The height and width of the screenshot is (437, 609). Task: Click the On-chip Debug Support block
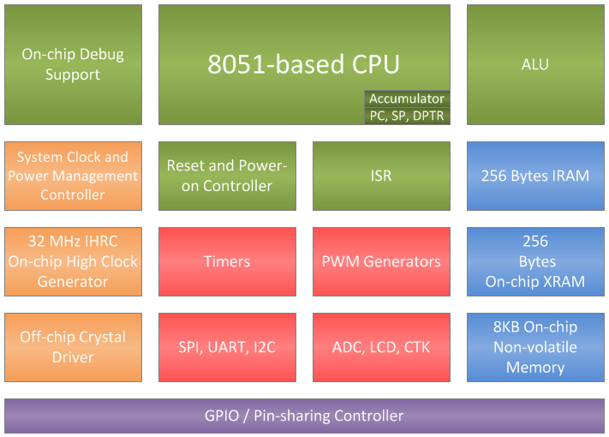tap(73, 64)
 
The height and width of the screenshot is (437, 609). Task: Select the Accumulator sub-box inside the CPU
tap(407, 99)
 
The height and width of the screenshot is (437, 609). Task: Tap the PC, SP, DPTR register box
tap(407, 116)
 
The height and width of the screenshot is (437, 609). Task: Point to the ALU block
tap(535, 64)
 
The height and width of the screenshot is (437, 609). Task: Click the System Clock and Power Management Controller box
tap(73, 176)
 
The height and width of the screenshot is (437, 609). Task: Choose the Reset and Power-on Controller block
tap(227, 176)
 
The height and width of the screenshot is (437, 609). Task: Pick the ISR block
tap(381, 176)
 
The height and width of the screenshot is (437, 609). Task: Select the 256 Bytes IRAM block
tap(535, 176)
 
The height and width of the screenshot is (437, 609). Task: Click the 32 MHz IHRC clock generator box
tap(73, 262)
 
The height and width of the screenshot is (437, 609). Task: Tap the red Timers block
tap(227, 262)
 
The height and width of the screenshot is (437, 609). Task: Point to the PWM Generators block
tap(381, 262)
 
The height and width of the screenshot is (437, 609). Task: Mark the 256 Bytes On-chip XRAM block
tap(535, 262)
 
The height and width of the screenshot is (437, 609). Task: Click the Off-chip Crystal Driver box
tap(73, 347)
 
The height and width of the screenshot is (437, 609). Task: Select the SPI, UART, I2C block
tap(227, 347)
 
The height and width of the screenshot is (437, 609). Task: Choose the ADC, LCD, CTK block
tap(381, 347)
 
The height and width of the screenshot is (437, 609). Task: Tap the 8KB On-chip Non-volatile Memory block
tap(535, 347)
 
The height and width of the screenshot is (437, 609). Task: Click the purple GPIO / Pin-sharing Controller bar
tap(305, 416)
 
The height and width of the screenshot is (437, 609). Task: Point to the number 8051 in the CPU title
tap(237, 64)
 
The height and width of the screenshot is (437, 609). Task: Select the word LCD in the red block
tap(383, 347)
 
